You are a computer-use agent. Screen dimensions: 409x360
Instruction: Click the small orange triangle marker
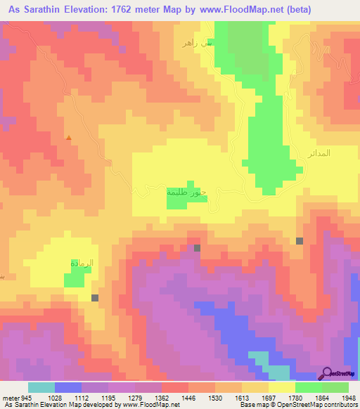point(68,138)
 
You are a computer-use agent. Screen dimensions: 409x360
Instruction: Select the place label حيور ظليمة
point(186,191)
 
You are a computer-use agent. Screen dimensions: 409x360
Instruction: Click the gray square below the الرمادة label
point(95,298)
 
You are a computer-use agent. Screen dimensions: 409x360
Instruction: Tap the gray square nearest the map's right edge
point(300,241)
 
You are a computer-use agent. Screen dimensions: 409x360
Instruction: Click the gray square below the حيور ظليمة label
point(197,248)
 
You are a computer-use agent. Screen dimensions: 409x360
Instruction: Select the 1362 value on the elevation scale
point(161,398)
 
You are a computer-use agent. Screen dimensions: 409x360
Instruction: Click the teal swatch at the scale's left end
point(41,387)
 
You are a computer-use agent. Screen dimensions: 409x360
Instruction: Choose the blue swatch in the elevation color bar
point(68,387)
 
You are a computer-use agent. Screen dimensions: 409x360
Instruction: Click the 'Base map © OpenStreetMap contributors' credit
point(297,405)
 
